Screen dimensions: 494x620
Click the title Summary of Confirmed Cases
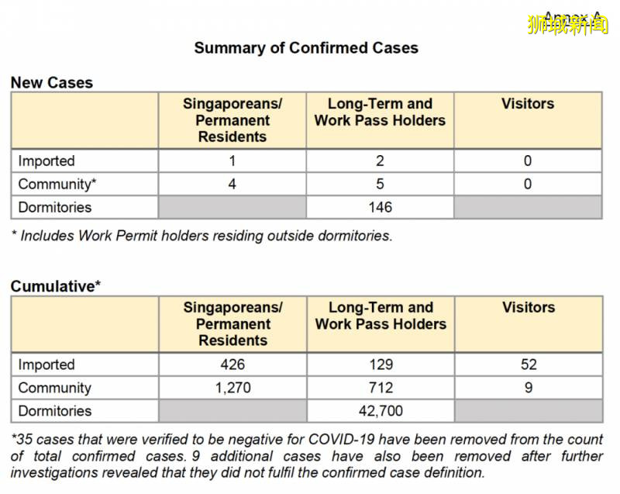(306, 48)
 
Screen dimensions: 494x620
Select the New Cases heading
(51, 82)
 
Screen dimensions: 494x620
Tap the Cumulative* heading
(56, 286)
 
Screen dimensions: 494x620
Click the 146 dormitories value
(381, 207)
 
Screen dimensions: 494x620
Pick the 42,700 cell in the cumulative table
(381, 411)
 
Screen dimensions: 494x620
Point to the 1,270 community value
(232, 388)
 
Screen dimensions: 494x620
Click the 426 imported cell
(232, 364)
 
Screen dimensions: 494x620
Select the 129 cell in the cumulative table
(381, 364)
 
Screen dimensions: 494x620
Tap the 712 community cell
(381, 388)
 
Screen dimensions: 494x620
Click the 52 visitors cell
(529, 364)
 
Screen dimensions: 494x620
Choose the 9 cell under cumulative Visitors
(529, 388)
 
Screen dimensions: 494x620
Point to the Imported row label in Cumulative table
(46, 364)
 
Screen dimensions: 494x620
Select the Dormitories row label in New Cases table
(55, 207)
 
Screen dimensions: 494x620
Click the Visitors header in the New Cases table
(528, 104)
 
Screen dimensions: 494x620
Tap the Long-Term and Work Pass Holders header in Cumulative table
(381, 316)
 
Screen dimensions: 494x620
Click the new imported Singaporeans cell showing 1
(232, 161)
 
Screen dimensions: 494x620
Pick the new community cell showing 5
(381, 185)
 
